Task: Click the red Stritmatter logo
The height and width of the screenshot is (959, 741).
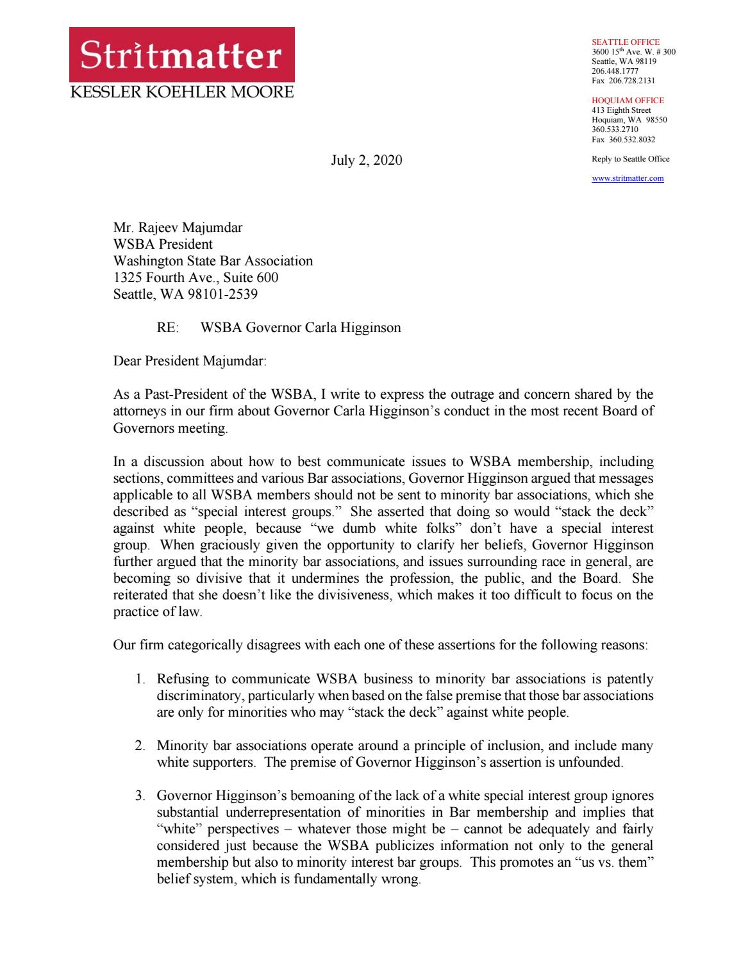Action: coord(182,56)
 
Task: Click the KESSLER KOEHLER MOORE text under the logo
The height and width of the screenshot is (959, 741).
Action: coord(181,92)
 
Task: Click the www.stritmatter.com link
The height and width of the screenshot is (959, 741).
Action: coord(628,178)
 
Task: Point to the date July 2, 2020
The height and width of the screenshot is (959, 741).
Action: coord(367,160)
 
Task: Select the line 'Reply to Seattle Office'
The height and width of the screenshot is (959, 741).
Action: coord(630,159)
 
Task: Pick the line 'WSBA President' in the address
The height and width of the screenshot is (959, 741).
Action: coord(163,244)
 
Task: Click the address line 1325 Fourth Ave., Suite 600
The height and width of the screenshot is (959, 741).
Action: coord(196,278)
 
